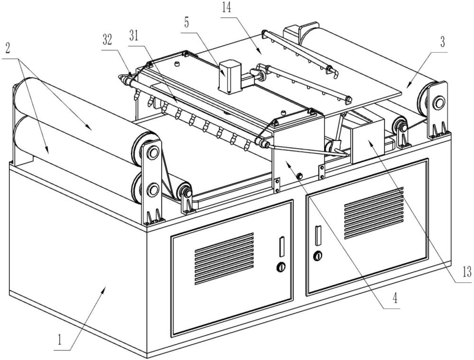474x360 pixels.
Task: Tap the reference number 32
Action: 108,41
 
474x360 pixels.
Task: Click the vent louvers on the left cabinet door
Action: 224,258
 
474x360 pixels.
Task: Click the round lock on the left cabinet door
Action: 282,267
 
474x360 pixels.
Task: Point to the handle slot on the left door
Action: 281,246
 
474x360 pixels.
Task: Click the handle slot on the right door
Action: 318,235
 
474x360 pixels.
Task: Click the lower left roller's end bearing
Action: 152,190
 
